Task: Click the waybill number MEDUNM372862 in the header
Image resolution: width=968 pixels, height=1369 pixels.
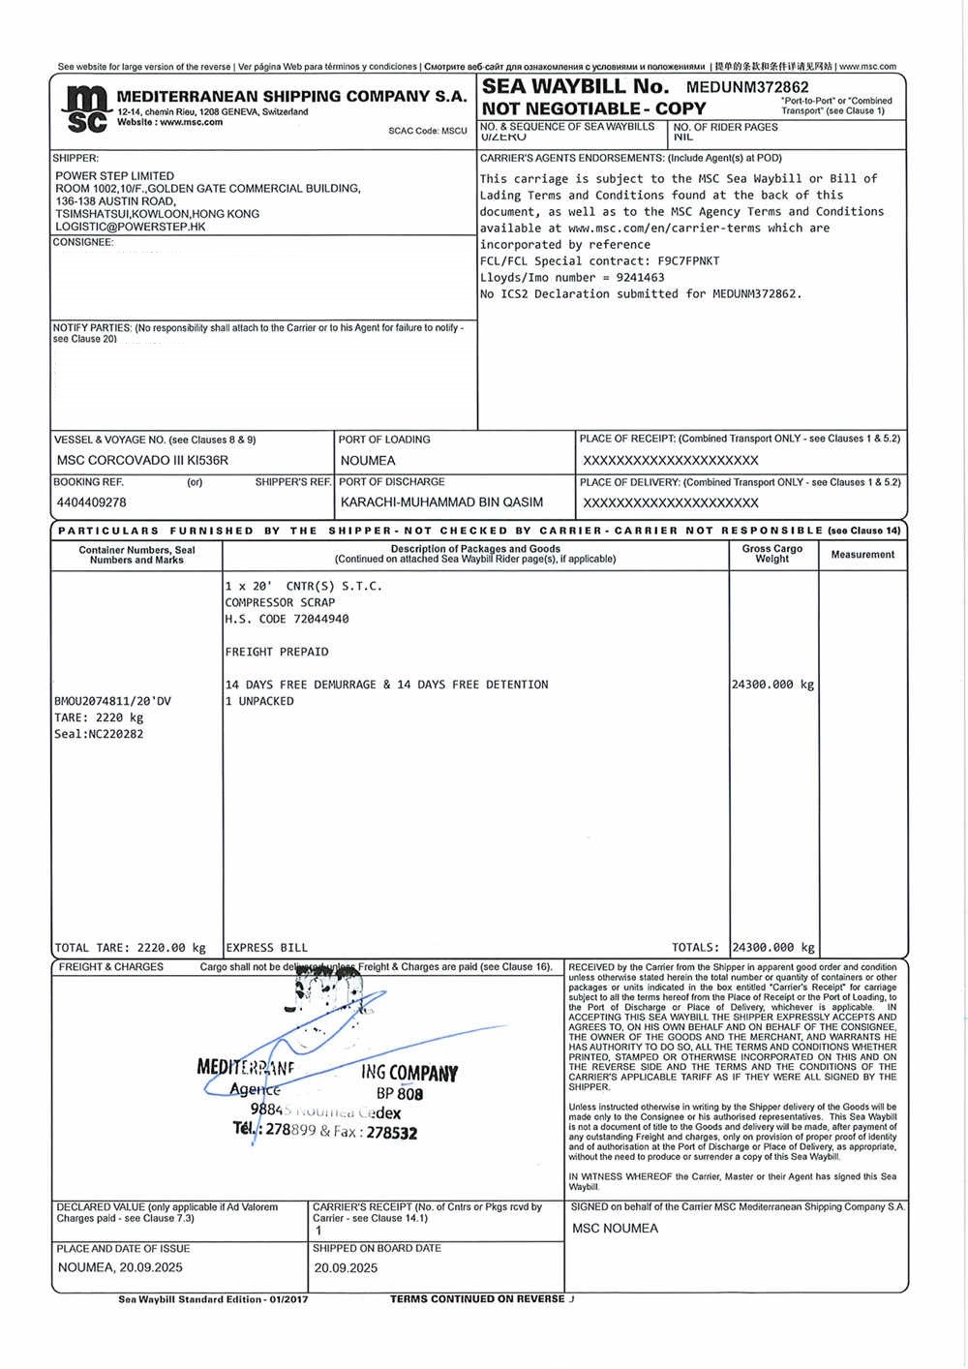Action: point(747,87)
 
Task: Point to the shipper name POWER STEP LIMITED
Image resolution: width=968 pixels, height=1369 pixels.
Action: point(114,176)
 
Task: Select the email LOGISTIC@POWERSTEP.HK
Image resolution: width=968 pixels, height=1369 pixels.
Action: point(131,227)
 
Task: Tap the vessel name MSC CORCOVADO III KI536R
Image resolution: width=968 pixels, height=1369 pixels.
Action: point(142,461)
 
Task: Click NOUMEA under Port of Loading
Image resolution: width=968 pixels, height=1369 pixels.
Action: point(368,461)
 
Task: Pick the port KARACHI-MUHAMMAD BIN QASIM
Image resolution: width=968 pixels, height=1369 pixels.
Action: point(441,502)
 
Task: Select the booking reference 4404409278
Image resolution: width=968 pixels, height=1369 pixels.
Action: point(92,502)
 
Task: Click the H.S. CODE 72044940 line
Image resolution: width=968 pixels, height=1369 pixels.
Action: point(287,619)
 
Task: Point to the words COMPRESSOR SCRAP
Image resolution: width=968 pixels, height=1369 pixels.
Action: point(280,602)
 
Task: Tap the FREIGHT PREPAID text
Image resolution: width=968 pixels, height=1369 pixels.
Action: point(277,652)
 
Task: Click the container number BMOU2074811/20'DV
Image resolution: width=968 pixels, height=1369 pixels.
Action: point(112,701)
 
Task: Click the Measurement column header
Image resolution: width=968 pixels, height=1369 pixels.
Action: point(862,555)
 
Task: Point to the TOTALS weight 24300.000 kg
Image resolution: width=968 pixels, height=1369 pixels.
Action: point(773,948)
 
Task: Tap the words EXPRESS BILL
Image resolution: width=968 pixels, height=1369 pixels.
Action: point(266,948)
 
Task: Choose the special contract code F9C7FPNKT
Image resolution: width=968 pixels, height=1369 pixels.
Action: point(688,260)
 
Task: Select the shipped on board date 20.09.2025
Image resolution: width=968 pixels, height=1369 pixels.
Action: point(346,1267)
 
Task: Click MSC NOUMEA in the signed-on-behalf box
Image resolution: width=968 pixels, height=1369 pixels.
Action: point(615,1229)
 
